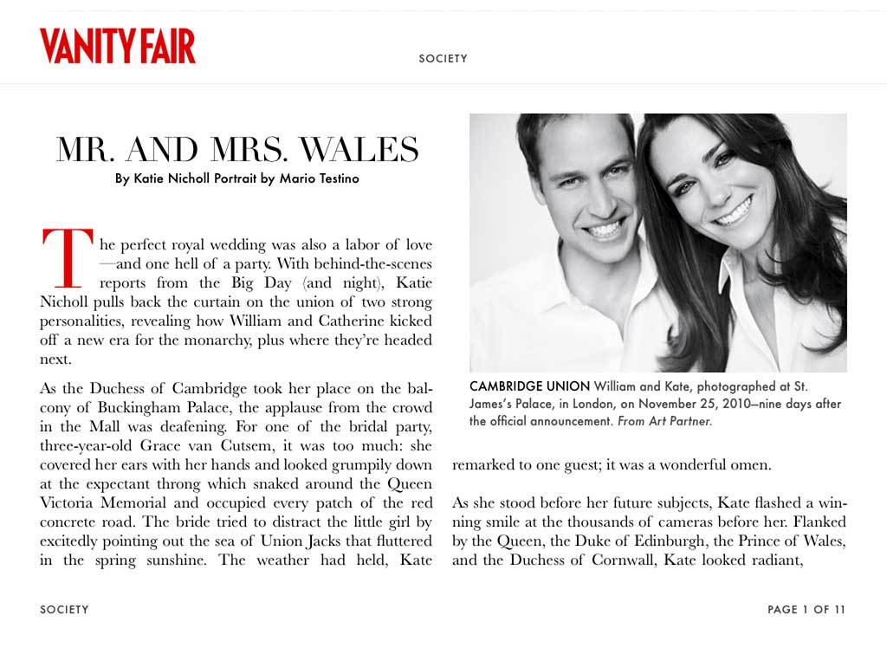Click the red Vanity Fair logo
[x=117, y=46]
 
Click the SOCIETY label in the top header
[x=443, y=59]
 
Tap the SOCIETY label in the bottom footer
[x=64, y=610]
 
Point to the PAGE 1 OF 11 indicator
[x=806, y=610]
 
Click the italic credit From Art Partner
[x=665, y=422]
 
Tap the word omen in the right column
[x=748, y=465]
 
